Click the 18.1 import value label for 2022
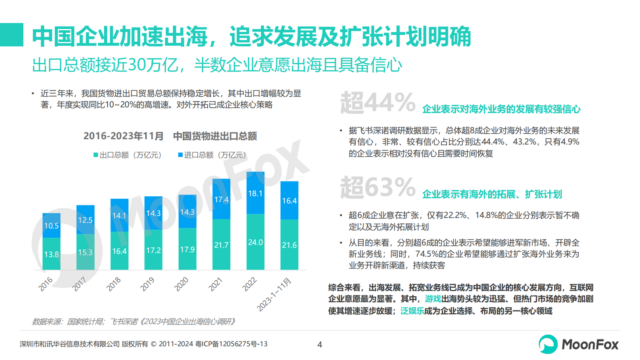[x=255, y=194]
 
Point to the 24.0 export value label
[x=255, y=243]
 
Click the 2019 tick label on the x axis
[x=147, y=284]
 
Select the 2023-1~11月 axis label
[x=274, y=295]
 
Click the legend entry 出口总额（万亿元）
[x=127, y=155]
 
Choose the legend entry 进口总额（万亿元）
[x=212, y=155]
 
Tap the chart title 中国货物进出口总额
[x=215, y=136]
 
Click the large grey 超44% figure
[x=377, y=103]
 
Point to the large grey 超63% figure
[x=377, y=187]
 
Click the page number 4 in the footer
[x=320, y=345]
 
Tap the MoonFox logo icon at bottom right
[x=548, y=344]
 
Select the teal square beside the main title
[x=12, y=35]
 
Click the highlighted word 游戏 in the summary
[x=433, y=299]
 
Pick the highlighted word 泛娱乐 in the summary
[x=412, y=311]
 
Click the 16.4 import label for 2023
[x=289, y=201]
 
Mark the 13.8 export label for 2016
[x=52, y=255]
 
